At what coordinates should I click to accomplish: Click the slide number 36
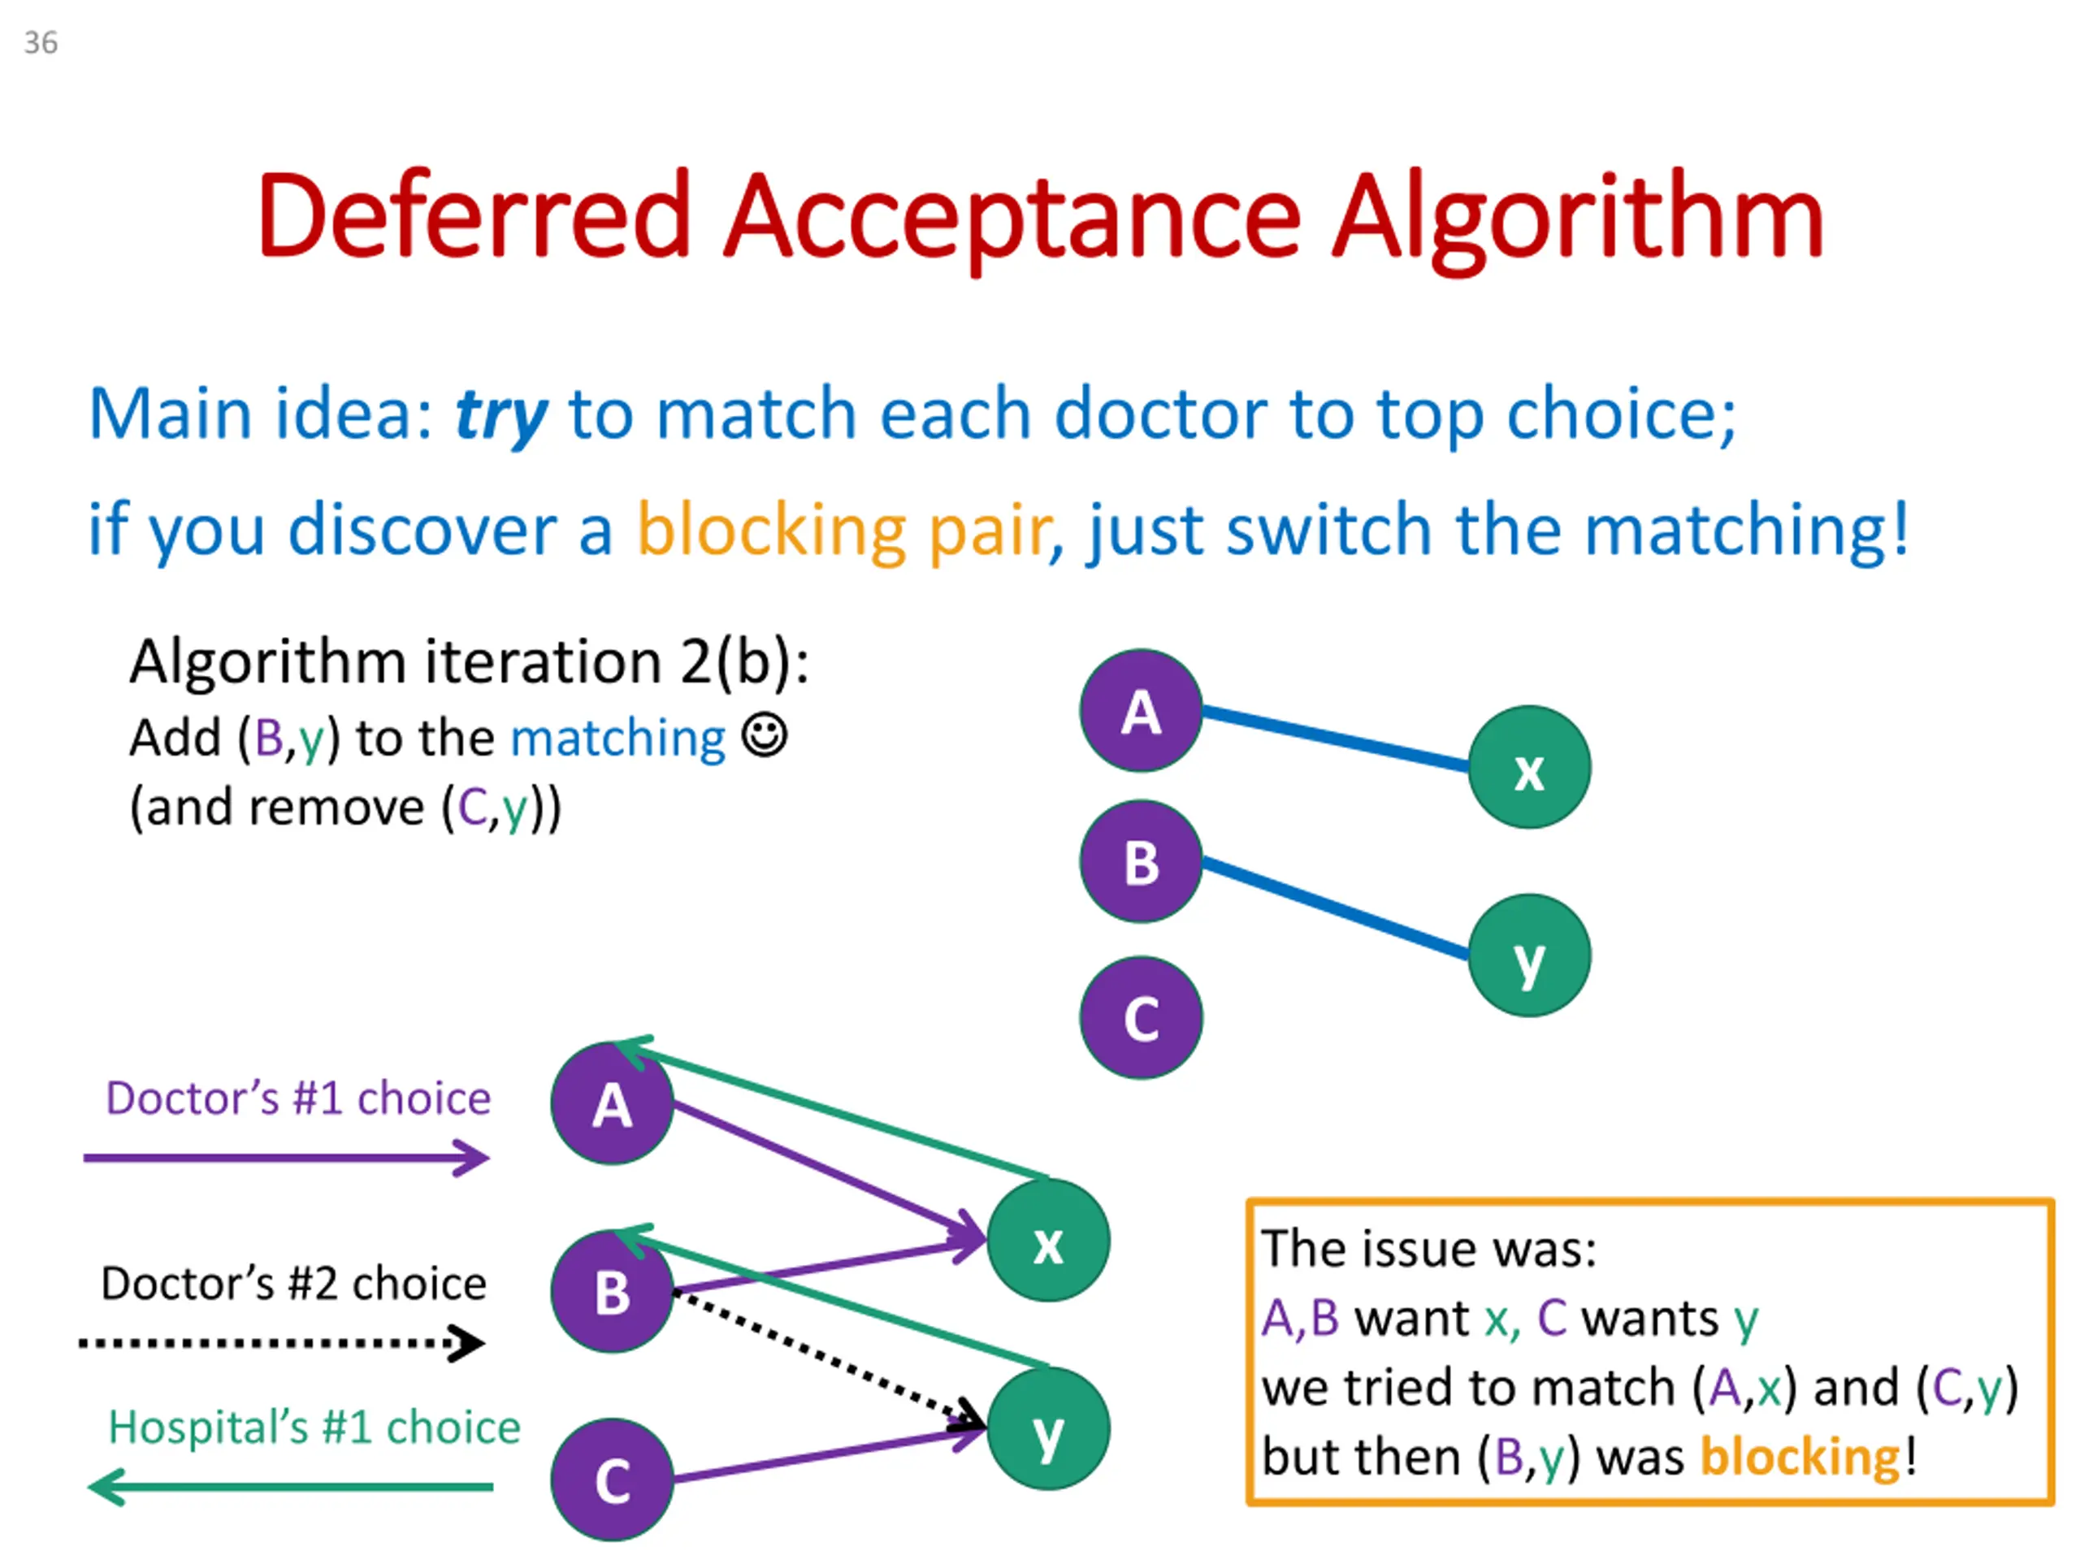(x=41, y=42)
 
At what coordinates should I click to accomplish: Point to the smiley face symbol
(x=764, y=734)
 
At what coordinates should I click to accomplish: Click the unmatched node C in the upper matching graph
(x=1141, y=1017)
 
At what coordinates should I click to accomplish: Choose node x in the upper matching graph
(x=1529, y=767)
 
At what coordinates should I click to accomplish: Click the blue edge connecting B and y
(x=1335, y=908)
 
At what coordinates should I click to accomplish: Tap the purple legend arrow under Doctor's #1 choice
(x=287, y=1158)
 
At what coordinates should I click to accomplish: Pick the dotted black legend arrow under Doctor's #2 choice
(x=282, y=1343)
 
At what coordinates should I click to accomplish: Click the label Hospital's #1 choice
(x=314, y=1428)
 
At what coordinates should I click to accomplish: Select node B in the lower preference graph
(x=611, y=1291)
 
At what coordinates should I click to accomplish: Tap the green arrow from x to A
(x=831, y=1107)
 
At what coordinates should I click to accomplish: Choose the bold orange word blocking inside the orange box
(x=1800, y=1457)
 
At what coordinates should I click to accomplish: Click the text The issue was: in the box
(x=1428, y=1249)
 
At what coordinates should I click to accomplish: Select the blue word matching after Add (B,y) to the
(x=617, y=740)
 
